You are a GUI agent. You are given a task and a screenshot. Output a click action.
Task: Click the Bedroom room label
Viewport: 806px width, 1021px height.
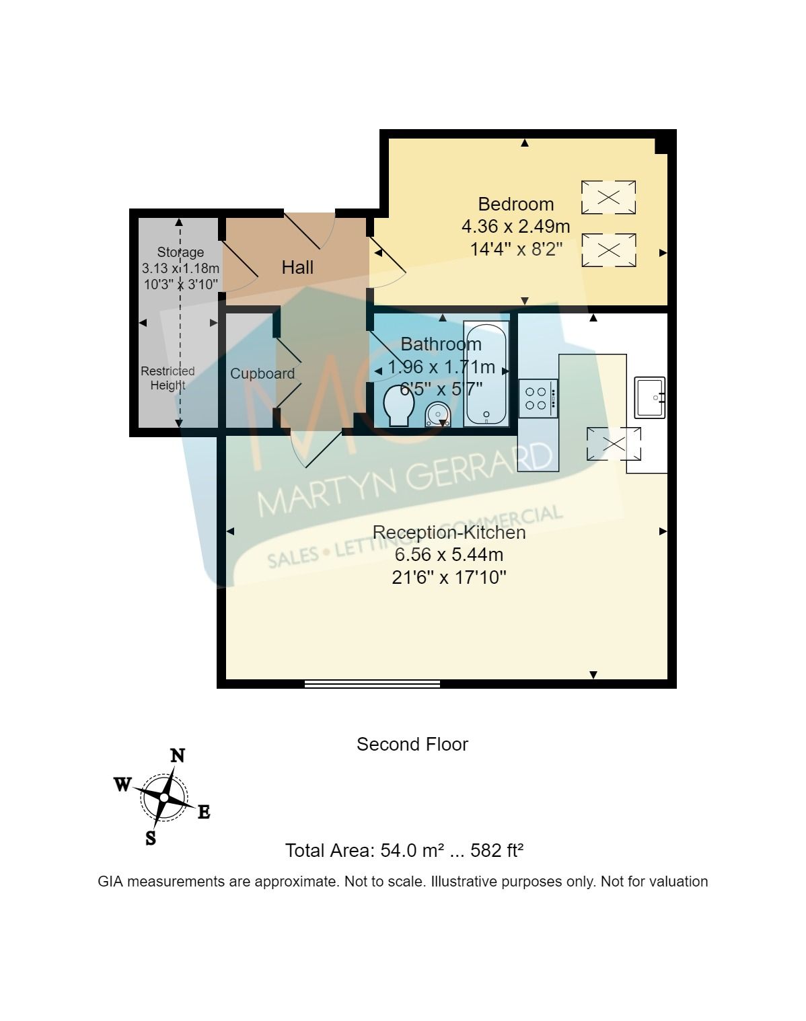(x=515, y=204)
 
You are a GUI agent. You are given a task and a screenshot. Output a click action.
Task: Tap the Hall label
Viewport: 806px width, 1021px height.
(x=297, y=268)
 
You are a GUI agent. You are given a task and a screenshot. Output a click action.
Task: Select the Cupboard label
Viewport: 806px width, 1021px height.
(x=262, y=373)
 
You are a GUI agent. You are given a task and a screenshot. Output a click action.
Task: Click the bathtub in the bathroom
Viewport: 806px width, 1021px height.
(x=486, y=374)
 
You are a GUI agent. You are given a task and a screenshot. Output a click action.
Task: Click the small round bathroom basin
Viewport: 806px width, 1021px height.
(x=438, y=414)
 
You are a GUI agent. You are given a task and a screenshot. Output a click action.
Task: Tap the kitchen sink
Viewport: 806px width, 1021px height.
(x=649, y=398)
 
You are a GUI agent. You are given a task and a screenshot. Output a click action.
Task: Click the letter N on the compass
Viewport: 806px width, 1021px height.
(x=177, y=756)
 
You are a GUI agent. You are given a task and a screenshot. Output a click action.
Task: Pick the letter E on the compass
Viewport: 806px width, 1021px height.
(x=204, y=812)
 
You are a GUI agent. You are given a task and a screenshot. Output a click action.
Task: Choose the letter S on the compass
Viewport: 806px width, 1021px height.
(x=151, y=838)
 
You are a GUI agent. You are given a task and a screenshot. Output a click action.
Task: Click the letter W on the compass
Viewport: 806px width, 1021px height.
(x=122, y=784)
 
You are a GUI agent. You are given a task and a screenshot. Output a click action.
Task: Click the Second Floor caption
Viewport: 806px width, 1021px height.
(x=412, y=745)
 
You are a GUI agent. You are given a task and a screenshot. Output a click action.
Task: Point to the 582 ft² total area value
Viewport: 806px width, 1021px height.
(x=497, y=851)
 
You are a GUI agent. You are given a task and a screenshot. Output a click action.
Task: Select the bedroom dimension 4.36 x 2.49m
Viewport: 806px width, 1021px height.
(x=515, y=227)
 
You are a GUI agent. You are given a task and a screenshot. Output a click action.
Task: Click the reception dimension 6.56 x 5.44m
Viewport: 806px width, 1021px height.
(x=449, y=555)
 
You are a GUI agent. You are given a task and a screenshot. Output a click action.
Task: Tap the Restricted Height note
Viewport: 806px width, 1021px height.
(x=168, y=378)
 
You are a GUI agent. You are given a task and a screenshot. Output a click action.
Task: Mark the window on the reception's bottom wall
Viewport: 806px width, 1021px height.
(x=372, y=683)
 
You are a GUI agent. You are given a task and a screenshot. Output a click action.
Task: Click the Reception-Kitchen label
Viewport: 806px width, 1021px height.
(x=449, y=532)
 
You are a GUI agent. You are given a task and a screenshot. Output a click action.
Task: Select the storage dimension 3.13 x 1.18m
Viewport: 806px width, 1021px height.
(x=180, y=268)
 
